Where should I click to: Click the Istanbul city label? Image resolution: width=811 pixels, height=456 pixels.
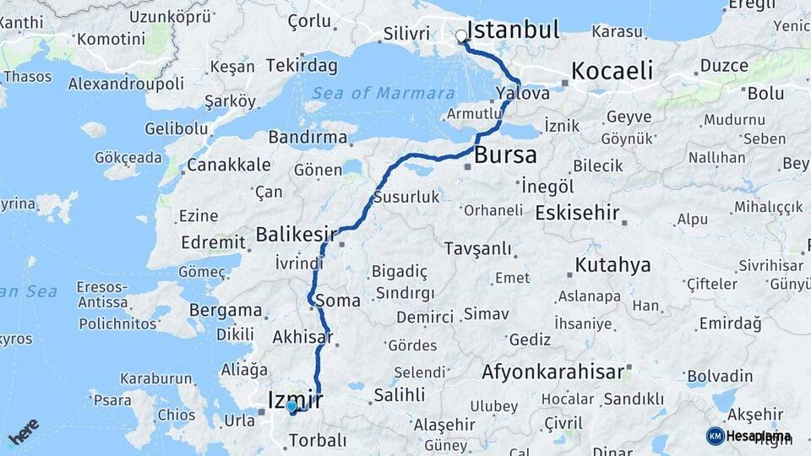[513, 31]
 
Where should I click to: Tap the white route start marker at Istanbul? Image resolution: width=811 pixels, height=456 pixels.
[461, 36]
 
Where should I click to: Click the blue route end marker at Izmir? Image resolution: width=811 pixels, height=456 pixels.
[291, 406]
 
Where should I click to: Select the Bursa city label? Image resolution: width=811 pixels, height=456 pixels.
[505, 155]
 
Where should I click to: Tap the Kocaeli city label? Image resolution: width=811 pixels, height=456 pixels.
[612, 71]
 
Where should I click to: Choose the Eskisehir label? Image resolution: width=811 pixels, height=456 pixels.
[578, 212]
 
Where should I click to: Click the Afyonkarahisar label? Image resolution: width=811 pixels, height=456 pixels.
[552, 371]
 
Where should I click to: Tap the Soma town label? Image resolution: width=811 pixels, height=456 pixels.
[337, 301]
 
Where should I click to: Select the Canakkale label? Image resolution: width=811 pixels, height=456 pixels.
[217, 164]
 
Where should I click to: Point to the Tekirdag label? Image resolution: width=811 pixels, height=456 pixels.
[302, 65]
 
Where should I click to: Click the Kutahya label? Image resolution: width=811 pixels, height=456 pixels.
[612, 265]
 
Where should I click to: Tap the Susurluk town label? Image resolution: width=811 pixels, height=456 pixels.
[411, 197]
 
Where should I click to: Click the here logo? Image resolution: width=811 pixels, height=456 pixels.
[23, 432]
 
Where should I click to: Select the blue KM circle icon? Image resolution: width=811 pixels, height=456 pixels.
[715, 436]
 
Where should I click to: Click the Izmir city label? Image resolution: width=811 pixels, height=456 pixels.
[295, 397]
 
